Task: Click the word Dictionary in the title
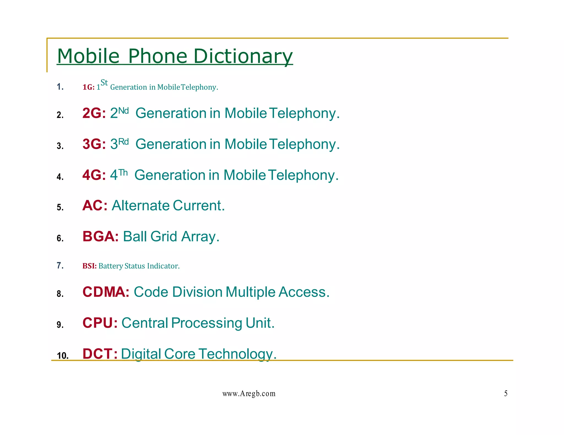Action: click(243, 56)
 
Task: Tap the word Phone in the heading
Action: click(158, 56)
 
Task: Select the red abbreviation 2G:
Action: click(94, 113)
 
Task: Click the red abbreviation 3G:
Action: click(94, 144)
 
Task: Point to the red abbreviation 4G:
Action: click(94, 175)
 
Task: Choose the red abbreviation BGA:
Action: click(101, 236)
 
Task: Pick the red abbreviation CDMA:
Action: click(106, 292)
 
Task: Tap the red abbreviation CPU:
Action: click(100, 323)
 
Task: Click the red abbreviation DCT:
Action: click(100, 354)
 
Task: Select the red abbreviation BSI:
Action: click(90, 266)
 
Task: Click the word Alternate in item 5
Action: click(140, 206)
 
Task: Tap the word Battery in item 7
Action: click(111, 266)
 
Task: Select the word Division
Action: click(197, 292)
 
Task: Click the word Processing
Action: click(207, 323)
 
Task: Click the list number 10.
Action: click(63, 356)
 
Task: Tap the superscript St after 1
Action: click(104, 82)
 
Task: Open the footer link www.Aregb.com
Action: click(249, 394)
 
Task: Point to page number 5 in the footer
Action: click(506, 393)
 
